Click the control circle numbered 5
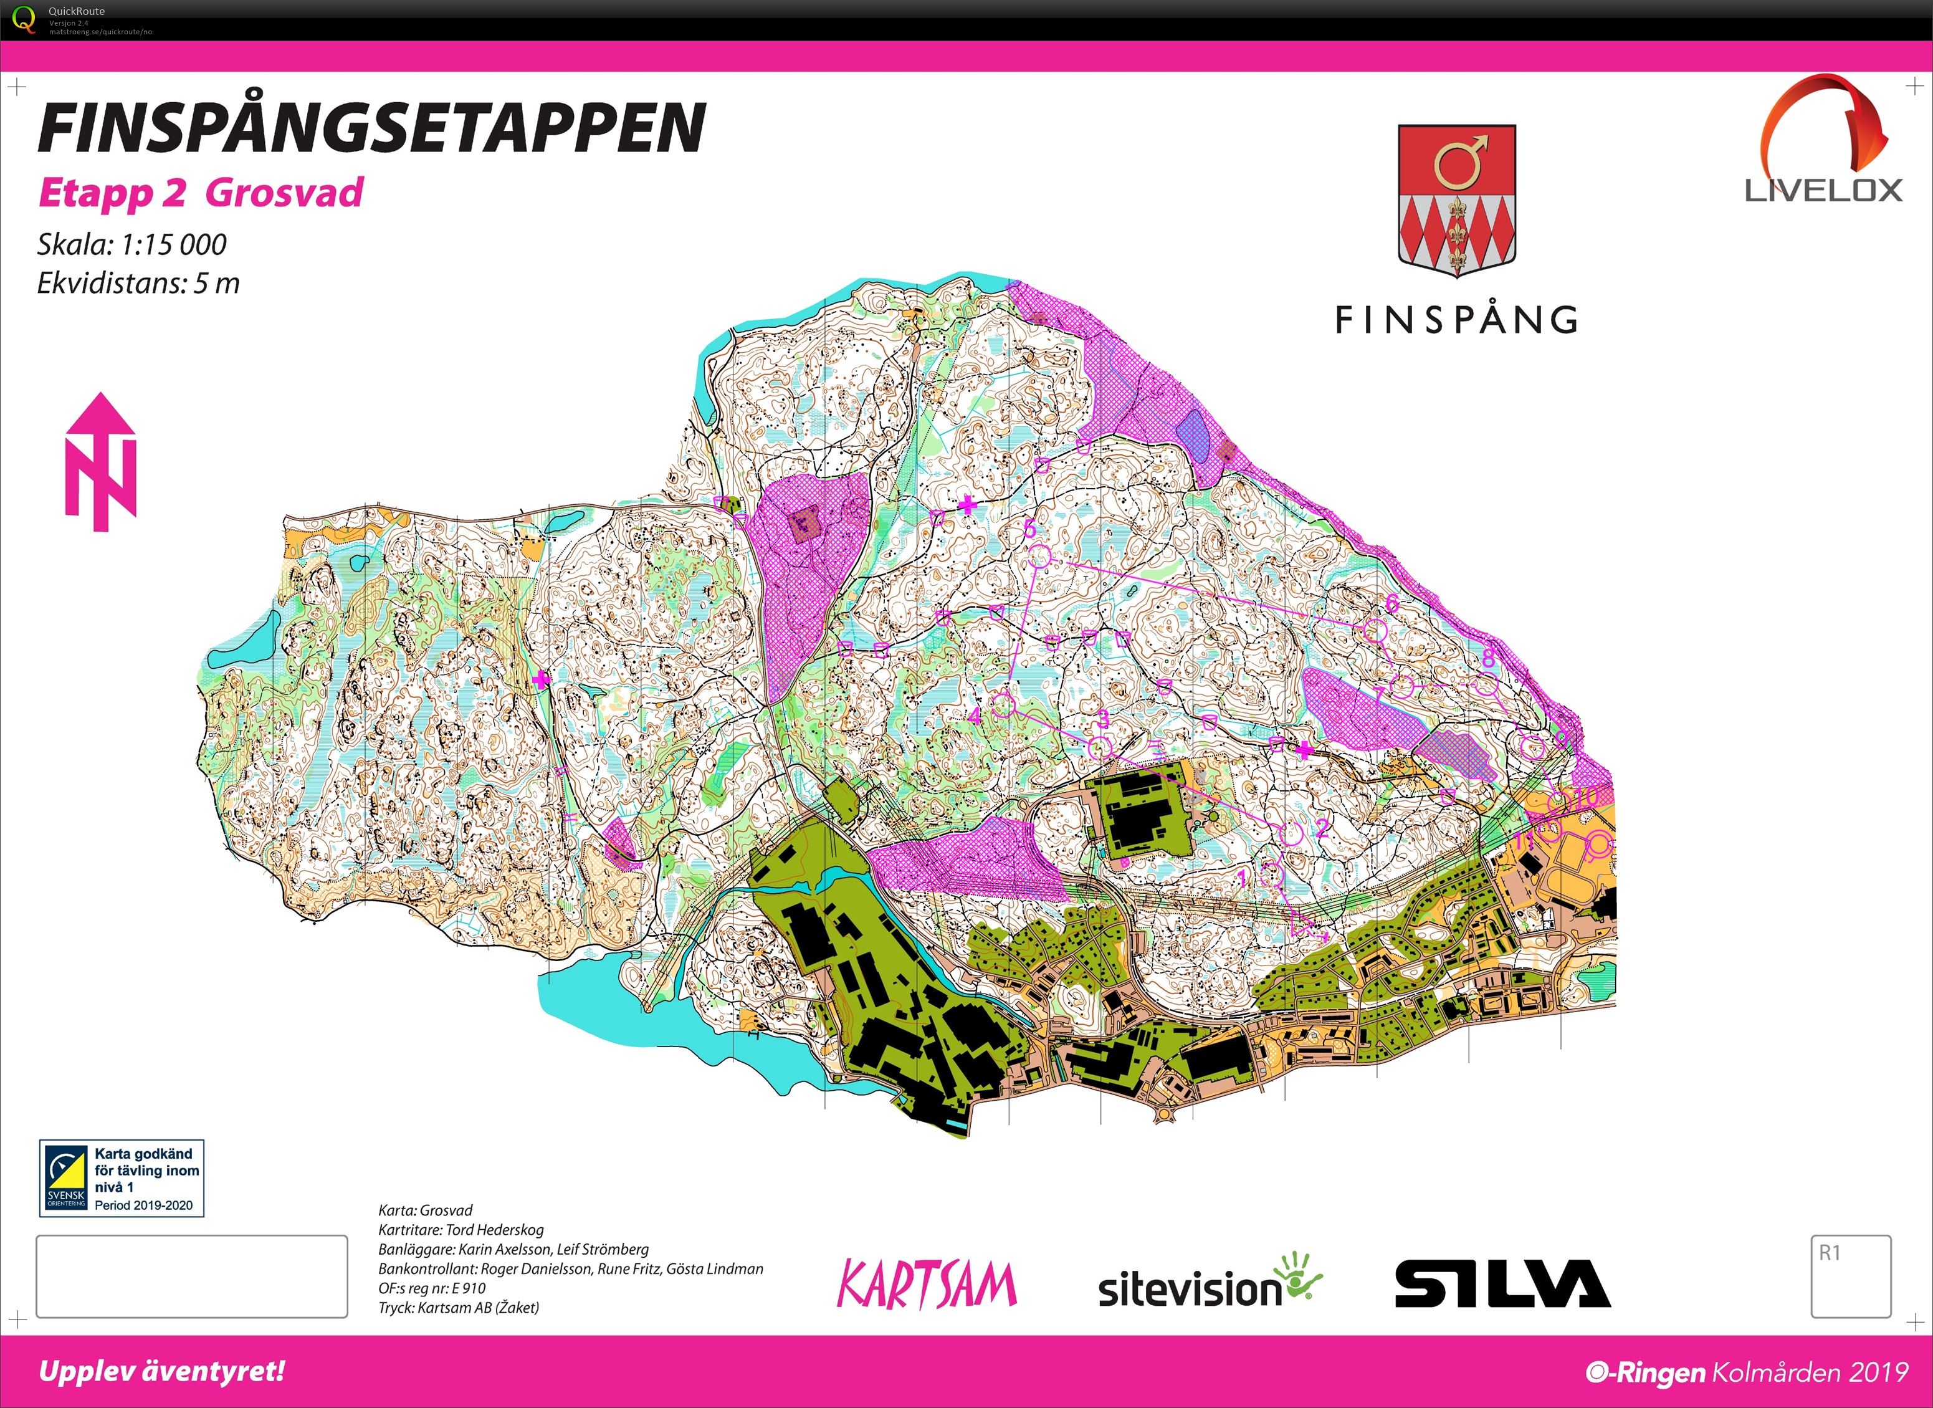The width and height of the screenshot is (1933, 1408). point(1038,557)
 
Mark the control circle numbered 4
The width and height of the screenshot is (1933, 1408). point(1003,705)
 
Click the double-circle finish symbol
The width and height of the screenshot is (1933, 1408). point(1599,844)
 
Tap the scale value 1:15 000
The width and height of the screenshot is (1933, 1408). point(173,246)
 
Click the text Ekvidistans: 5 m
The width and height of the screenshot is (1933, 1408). point(138,283)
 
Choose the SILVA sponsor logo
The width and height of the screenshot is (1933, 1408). point(1502,1285)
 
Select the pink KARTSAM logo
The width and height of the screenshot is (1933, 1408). point(927,1285)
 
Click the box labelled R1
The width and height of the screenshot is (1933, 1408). point(1851,1275)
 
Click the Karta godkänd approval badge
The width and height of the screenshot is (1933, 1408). point(122,1179)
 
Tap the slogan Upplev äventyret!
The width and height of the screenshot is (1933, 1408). point(162,1371)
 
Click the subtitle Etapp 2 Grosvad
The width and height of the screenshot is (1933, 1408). point(201,193)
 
